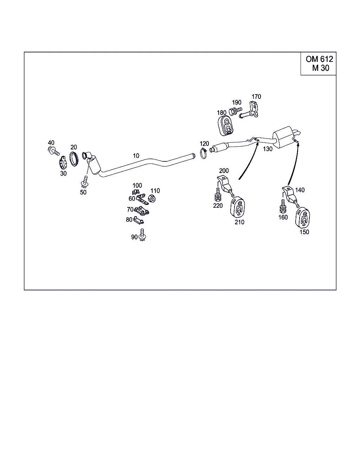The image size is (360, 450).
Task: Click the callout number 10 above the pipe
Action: click(136, 156)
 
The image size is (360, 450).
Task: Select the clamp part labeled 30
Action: click(63, 163)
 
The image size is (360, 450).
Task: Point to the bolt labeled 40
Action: click(53, 150)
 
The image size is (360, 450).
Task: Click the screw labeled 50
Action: click(85, 182)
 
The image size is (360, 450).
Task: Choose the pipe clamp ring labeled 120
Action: click(203, 153)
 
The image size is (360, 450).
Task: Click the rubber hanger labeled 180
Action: click(225, 126)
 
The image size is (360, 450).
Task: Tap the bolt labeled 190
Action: click(235, 111)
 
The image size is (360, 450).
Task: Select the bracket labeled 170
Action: click(250, 110)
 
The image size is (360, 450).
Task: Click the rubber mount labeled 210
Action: click(238, 207)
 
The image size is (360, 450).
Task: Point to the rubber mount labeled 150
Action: click(302, 218)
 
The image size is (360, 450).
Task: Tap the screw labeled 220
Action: click(218, 194)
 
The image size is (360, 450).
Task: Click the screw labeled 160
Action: click(283, 206)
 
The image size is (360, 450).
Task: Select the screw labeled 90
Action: click(142, 235)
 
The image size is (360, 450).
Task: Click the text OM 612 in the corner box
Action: click(319, 59)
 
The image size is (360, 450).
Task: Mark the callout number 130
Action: click(268, 149)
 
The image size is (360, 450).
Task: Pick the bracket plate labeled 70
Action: click(142, 211)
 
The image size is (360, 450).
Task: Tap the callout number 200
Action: click(224, 171)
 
